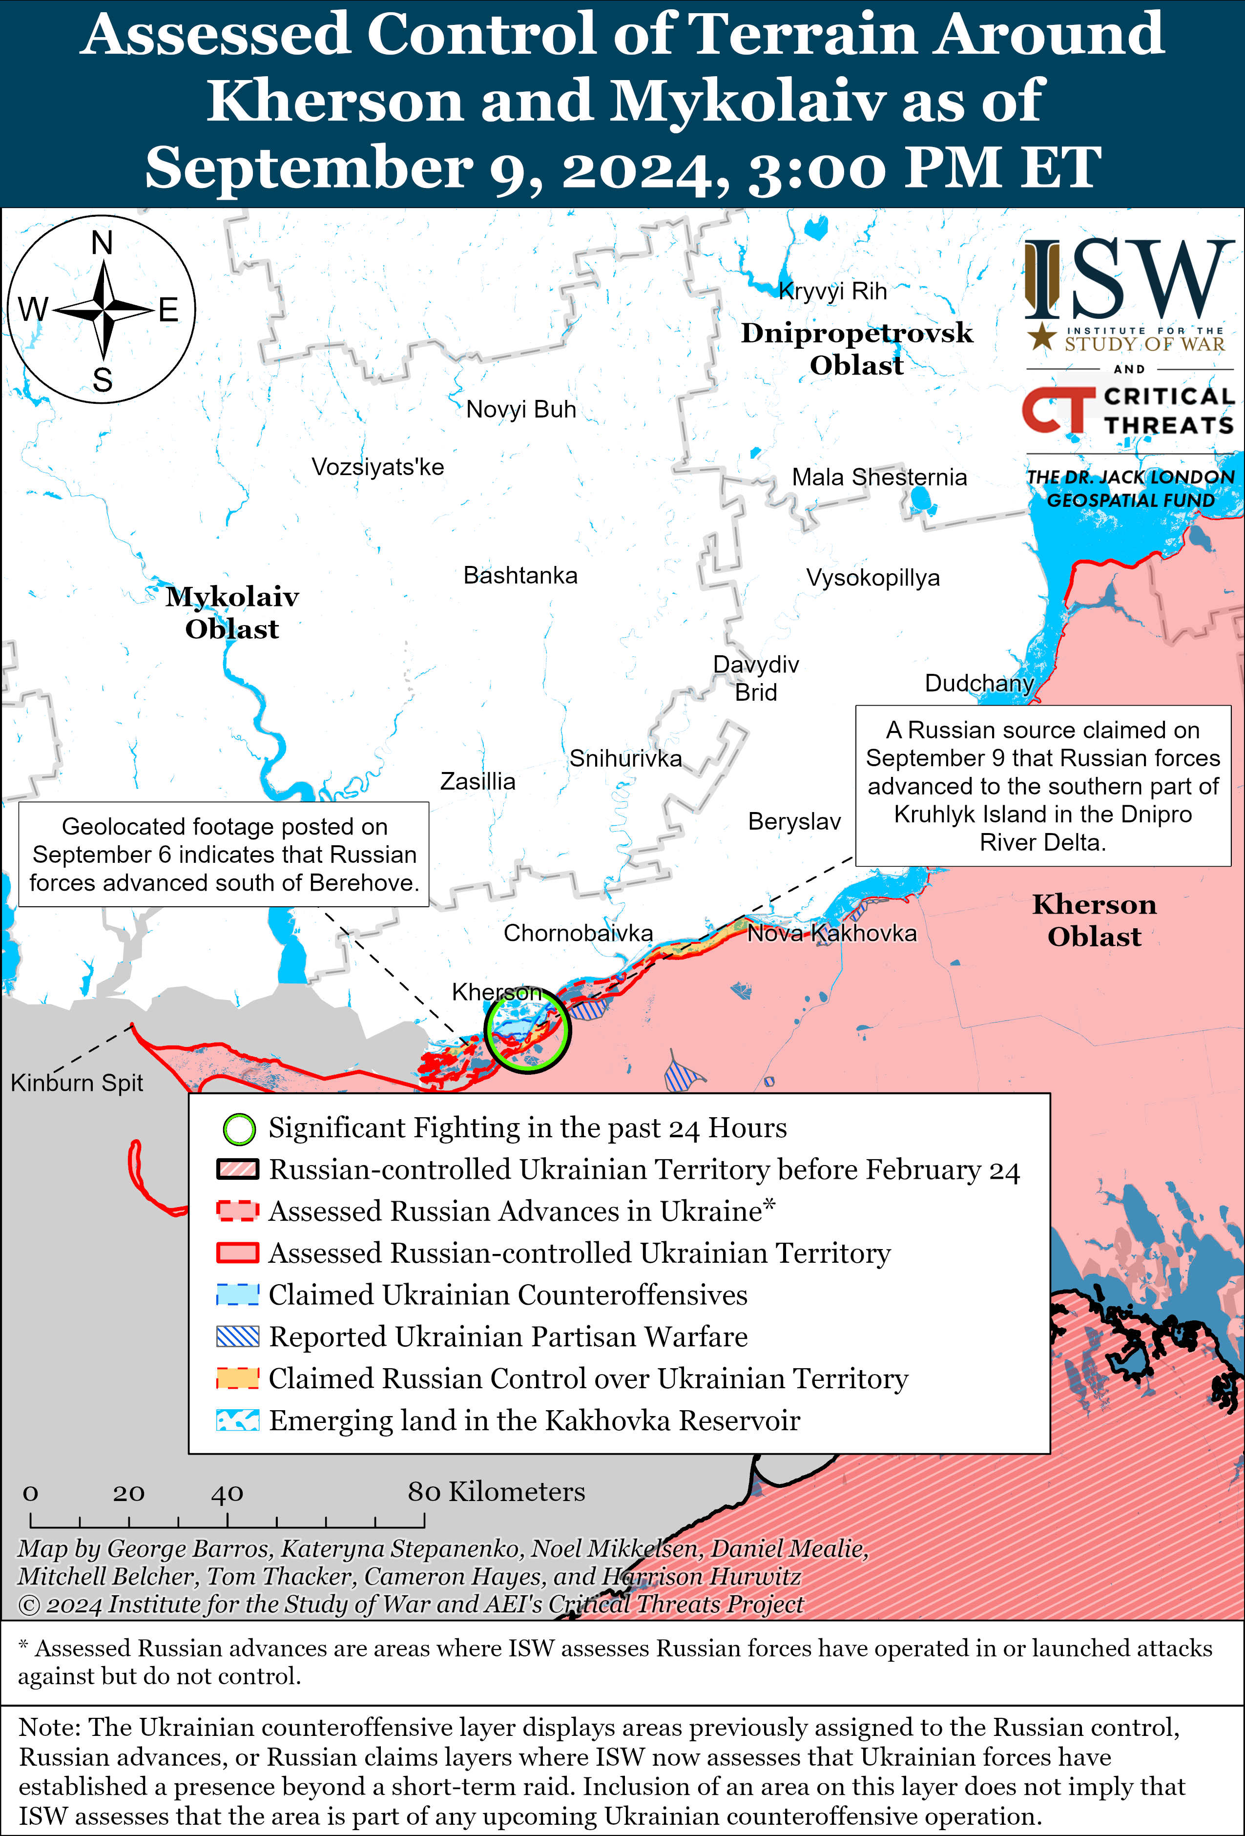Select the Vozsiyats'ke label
point(377,467)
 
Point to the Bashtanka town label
point(520,575)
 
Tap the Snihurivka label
point(625,758)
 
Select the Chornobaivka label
point(578,933)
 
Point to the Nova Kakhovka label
point(832,933)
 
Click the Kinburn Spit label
point(77,1083)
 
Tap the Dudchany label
point(979,683)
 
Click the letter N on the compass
point(102,243)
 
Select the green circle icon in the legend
point(239,1129)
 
